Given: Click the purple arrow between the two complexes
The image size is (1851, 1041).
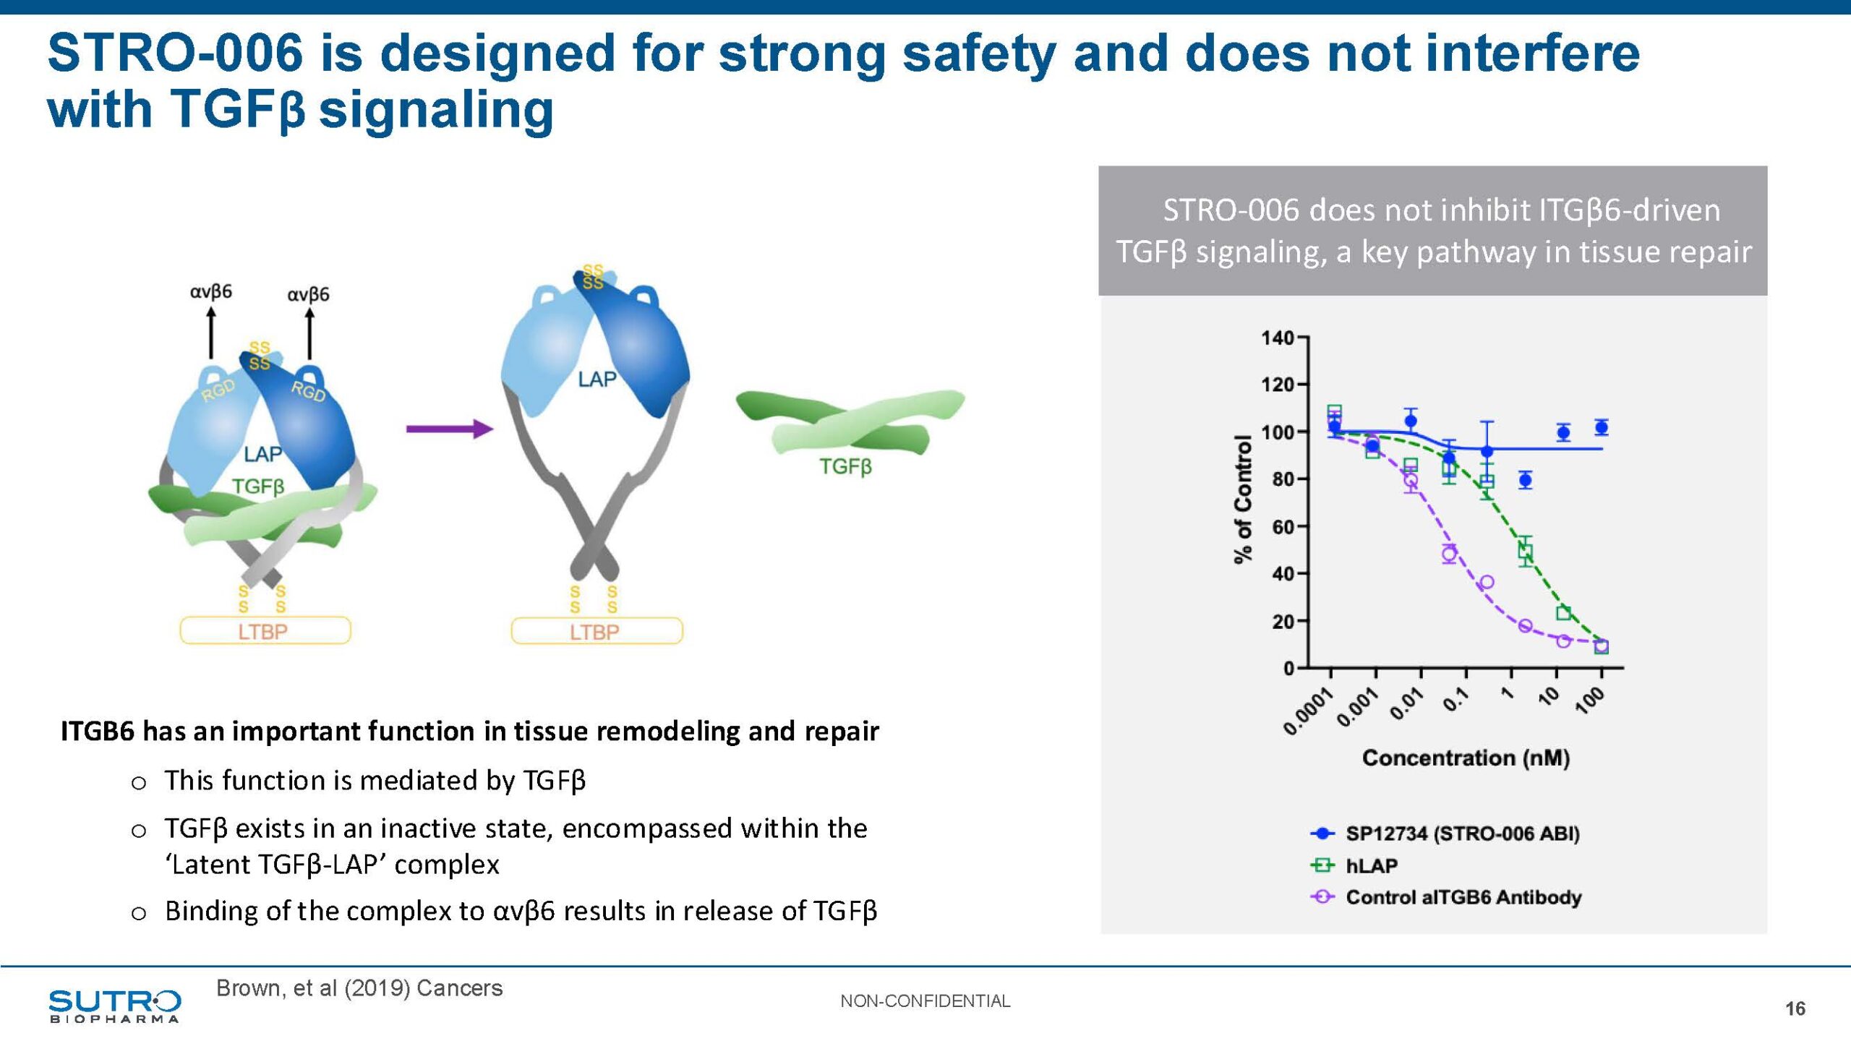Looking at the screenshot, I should (x=450, y=429).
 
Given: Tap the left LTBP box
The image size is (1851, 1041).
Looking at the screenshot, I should (x=265, y=631).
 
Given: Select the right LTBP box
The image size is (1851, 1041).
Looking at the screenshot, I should (x=597, y=632).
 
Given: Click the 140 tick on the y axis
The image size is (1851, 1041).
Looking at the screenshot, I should (x=1277, y=338).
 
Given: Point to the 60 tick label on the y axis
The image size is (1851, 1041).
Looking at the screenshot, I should (x=1283, y=526).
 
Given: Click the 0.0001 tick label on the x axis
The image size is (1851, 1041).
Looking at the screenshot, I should (x=1309, y=711).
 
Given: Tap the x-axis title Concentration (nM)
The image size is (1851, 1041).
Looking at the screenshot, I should (x=1466, y=758).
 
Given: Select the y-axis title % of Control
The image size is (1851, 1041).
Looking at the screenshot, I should (x=1242, y=499).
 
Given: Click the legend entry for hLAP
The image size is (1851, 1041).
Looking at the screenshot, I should (x=1371, y=865).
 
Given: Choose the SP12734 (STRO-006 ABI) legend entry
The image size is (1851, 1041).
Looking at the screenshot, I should (x=1462, y=834).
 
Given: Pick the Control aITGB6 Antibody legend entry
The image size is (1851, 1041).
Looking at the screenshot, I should (x=1463, y=897).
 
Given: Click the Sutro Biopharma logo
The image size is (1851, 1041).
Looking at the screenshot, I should (x=114, y=1006).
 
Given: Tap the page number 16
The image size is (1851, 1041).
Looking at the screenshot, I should (x=1795, y=1008).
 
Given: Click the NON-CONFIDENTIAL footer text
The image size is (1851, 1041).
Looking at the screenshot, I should (x=925, y=1001).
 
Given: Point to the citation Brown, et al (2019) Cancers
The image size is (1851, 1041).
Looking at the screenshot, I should (x=359, y=988).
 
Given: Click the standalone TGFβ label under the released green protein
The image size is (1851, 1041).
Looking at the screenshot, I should (x=845, y=466).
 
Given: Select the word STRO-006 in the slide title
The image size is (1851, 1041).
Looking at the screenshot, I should (x=175, y=53).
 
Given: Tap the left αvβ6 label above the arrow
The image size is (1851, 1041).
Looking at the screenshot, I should (x=211, y=291).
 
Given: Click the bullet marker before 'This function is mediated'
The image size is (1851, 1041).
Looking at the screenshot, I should (x=139, y=783).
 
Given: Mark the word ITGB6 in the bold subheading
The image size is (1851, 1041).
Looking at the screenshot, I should (x=97, y=732).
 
